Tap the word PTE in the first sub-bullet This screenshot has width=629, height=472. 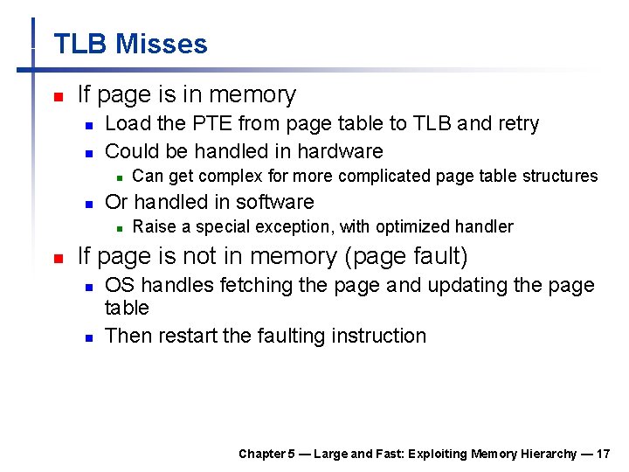click(x=215, y=124)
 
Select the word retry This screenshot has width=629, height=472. click(x=518, y=124)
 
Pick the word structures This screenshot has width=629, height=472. click(x=560, y=177)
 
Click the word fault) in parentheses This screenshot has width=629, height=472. click(x=437, y=257)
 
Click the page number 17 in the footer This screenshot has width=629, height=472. click(x=604, y=454)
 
